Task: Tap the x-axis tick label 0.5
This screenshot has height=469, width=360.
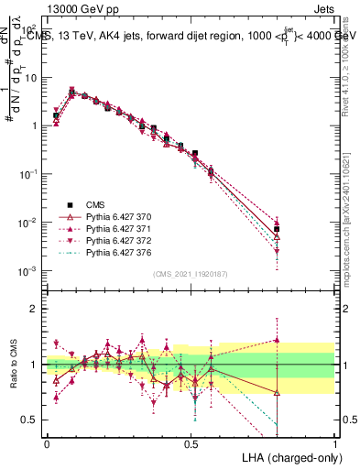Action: point(191,442)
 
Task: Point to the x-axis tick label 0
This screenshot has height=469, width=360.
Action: point(47,442)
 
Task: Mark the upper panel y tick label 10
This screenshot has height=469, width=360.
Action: point(31,78)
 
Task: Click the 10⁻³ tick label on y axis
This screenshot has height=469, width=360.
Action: point(29,272)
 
